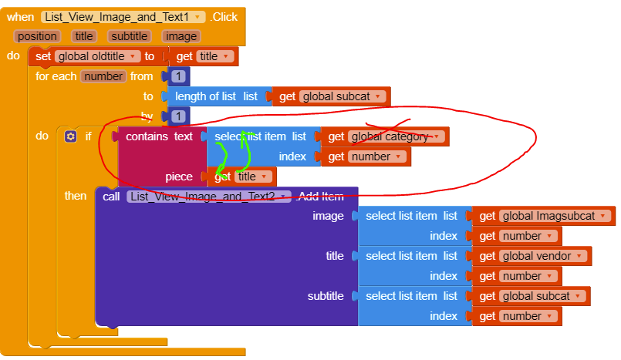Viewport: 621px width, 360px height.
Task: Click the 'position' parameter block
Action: pyautogui.click(x=37, y=36)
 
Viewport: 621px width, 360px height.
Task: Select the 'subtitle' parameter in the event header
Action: pyautogui.click(x=129, y=36)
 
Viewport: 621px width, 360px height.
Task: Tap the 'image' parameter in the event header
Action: pyautogui.click(x=181, y=36)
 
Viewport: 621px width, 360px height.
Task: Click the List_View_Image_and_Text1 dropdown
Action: pyautogui.click(x=123, y=17)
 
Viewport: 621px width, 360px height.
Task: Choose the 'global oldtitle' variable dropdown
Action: pyautogui.click(x=97, y=56)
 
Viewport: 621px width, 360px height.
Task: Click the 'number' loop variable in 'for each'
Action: pyautogui.click(x=103, y=76)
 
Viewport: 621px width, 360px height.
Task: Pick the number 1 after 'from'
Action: pyautogui.click(x=179, y=76)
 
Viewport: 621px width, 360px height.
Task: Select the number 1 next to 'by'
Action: pyautogui.click(x=179, y=116)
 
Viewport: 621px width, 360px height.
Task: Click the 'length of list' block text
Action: pyautogui.click(x=205, y=96)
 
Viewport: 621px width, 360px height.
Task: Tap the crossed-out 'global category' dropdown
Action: pyautogui.click(x=396, y=136)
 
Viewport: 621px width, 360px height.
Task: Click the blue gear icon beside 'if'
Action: pyautogui.click(x=70, y=136)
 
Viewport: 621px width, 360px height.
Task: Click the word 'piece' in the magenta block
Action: pyautogui.click(x=179, y=177)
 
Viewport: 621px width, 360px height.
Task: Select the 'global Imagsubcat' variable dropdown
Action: pyautogui.click(x=555, y=216)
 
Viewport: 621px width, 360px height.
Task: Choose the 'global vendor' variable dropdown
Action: pyautogui.click(x=542, y=256)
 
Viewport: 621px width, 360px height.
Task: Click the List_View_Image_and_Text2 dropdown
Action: pyautogui.click(x=209, y=197)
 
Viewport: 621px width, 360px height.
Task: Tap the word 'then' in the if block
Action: pyautogui.click(x=76, y=196)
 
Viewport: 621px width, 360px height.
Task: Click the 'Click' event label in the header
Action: pyautogui.click(x=224, y=17)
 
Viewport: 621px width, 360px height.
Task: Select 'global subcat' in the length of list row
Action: pyautogui.click(x=343, y=96)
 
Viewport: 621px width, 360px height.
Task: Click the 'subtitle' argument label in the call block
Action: pyautogui.click(x=326, y=296)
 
